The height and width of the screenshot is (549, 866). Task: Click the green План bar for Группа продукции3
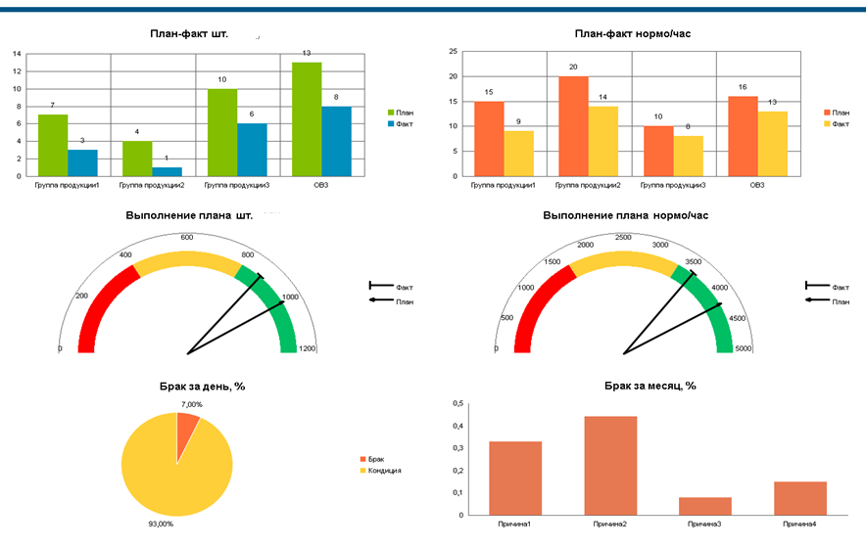(222, 132)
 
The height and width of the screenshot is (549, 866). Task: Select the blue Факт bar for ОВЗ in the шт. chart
(336, 141)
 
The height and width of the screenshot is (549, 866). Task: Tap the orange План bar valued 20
(573, 126)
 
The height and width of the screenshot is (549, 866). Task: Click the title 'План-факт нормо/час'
(632, 34)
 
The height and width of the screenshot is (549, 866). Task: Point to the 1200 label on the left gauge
(308, 349)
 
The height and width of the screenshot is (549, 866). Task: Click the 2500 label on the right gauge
(622, 237)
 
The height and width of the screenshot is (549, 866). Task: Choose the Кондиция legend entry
(385, 471)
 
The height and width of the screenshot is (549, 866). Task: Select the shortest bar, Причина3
(704, 506)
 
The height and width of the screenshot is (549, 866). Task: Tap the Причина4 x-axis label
(799, 526)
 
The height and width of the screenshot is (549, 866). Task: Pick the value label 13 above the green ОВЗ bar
(307, 53)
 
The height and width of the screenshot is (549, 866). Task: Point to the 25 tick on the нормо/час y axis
(453, 52)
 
